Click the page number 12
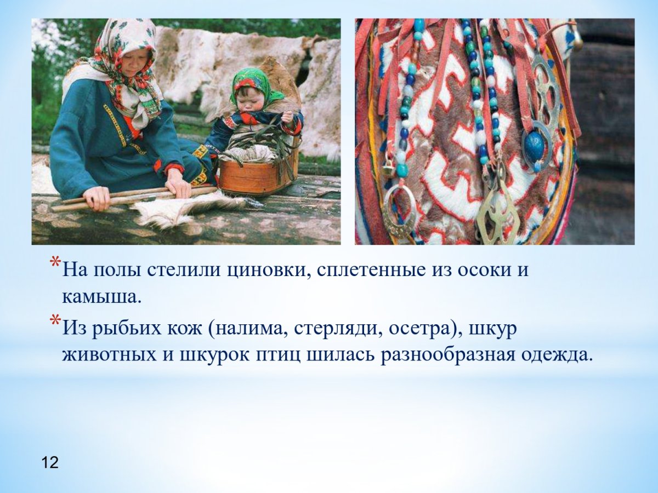click(50, 462)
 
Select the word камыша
click(101, 297)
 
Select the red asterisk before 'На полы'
click(55, 262)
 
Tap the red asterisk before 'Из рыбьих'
click(55, 320)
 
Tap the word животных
click(110, 356)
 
